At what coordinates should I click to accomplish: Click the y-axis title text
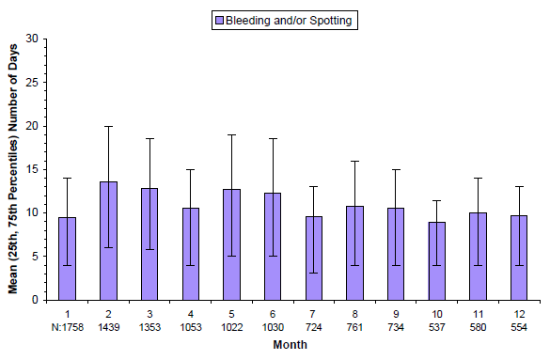point(14,169)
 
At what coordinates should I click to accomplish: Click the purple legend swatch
point(219,19)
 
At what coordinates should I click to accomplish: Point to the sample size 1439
point(108,326)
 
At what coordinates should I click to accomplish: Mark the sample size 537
point(438,326)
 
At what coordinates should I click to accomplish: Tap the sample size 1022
point(232,326)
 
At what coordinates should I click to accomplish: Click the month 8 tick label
point(355,313)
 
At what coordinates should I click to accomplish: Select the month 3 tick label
point(149,313)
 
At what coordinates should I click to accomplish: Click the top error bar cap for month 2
point(108,126)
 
